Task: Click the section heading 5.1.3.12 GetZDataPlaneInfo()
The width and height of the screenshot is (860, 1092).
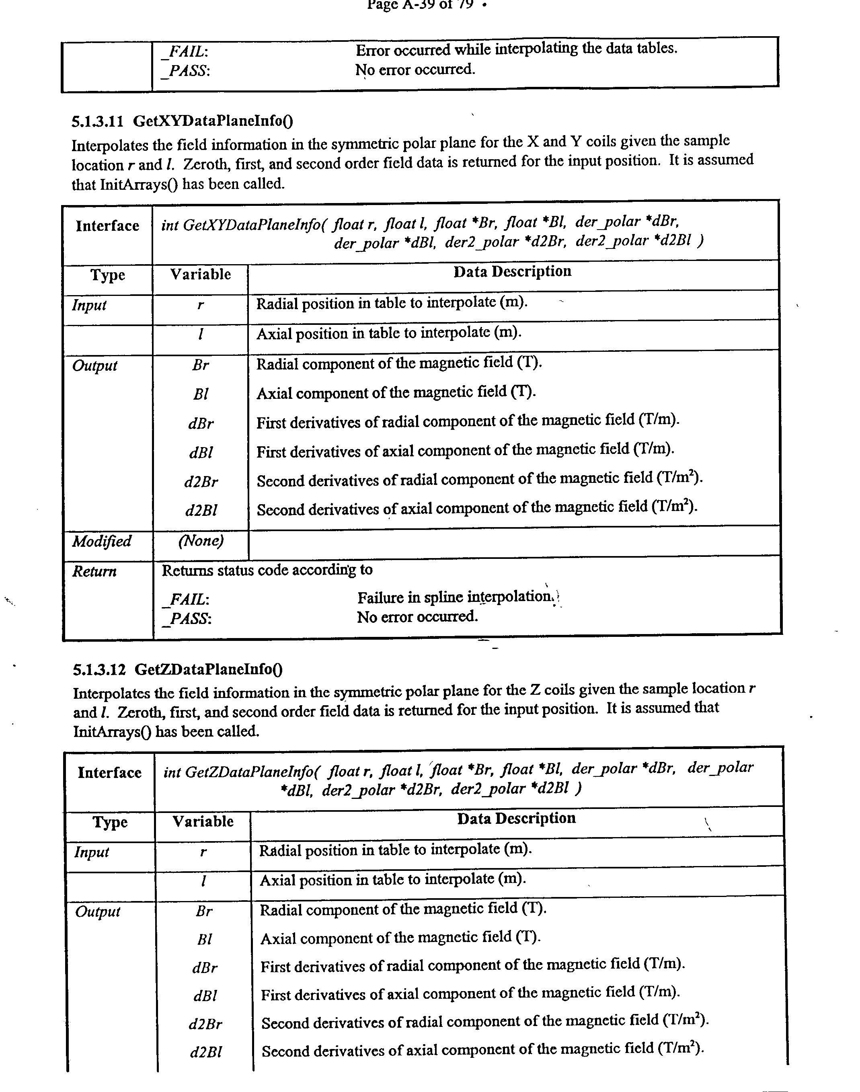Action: (x=177, y=669)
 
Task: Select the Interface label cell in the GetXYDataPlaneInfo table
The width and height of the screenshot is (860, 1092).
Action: (x=107, y=226)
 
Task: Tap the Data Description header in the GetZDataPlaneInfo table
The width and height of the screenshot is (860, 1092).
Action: (x=516, y=818)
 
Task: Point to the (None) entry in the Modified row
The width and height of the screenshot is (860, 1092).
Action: (x=200, y=541)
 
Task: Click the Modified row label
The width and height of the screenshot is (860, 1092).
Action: (x=102, y=541)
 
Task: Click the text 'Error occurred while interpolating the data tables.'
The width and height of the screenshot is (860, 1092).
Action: (x=516, y=49)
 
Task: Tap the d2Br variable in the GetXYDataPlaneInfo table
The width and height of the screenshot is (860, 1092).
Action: (x=201, y=482)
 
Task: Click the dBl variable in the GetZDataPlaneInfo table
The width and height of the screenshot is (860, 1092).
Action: (x=204, y=996)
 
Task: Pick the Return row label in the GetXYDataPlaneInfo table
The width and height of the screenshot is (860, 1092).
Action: (x=94, y=571)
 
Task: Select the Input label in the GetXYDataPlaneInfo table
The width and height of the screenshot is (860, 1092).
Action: (x=89, y=305)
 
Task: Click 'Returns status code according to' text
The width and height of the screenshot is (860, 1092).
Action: (x=267, y=569)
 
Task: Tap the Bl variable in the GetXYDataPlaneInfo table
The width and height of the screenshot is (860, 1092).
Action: (x=200, y=394)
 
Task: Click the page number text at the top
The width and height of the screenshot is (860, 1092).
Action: (x=421, y=5)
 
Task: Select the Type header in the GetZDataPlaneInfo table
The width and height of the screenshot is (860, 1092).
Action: (x=110, y=822)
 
